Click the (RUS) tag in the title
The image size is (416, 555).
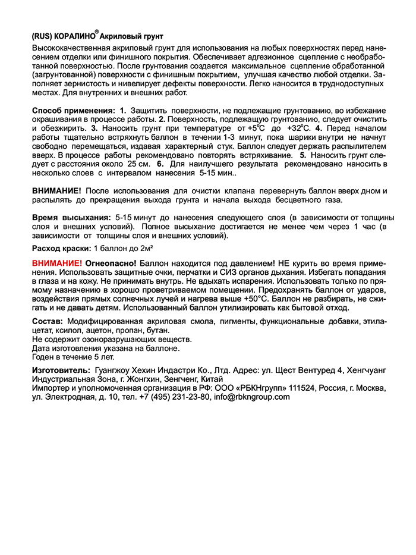click(42, 36)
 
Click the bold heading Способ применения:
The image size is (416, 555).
click(73, 111)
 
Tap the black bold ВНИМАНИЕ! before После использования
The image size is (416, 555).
click(57, 190)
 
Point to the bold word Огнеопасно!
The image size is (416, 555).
click(111, 262)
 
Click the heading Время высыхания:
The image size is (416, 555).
click(71, 218)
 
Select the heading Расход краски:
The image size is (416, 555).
click(61, 247)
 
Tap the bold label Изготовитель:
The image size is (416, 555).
click(60, 371)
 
